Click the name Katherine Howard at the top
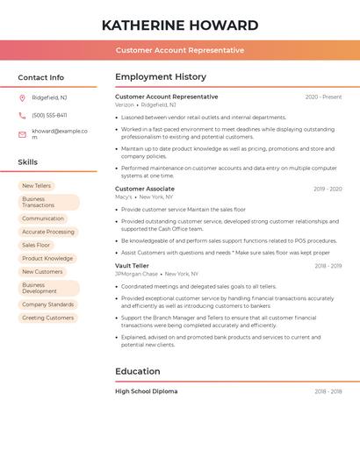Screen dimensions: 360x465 179,25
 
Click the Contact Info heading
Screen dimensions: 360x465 40,77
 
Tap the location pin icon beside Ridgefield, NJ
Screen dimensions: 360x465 22,97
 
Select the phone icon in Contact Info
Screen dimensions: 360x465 22,115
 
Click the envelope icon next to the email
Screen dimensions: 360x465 22,134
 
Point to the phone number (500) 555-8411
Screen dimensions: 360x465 49,115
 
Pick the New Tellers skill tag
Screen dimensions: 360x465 36,186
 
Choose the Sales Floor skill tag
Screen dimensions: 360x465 36,245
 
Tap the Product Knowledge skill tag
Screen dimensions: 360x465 47,258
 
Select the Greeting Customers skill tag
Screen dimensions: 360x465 47,318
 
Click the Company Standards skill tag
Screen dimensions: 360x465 47,304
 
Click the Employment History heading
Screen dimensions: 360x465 161,77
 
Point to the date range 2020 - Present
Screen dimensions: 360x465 323,97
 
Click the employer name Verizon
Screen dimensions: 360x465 125,104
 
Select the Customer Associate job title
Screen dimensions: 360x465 145,189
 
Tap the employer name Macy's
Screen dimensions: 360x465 124,197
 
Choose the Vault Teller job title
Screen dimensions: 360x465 132,265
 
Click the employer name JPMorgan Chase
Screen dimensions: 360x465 136,274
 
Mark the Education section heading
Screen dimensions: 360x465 139,371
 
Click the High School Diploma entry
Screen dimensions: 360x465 146,391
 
